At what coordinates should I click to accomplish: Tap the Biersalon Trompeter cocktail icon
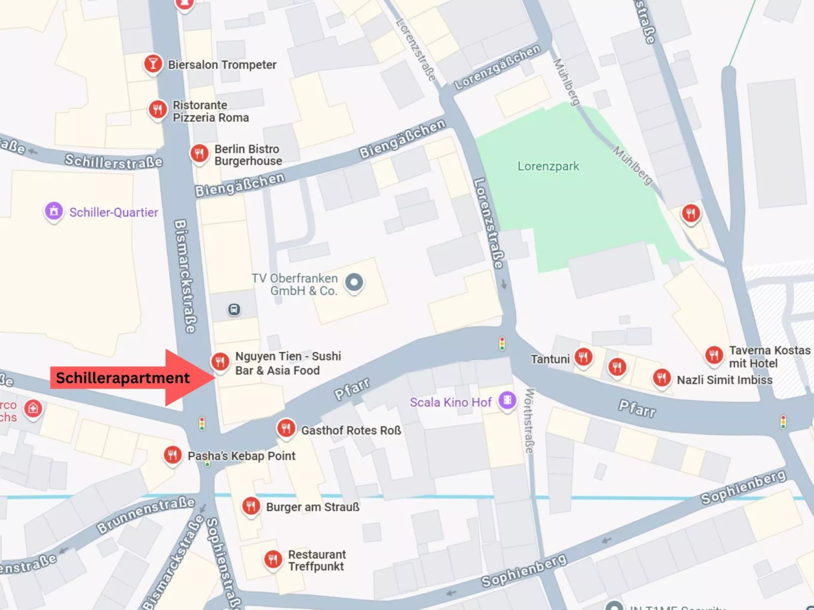[x=153, y=64]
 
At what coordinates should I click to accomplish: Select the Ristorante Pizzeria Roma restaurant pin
[x=158, y=108]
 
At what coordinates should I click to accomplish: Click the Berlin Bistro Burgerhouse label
[x=248, y=155]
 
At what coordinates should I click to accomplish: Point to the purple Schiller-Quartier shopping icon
[x=54, y=211]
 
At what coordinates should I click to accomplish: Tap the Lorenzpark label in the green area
[x=548, y=166]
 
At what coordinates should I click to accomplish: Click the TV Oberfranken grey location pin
[x=354, y=282]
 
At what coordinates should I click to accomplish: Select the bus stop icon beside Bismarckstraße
[x=234, y=309]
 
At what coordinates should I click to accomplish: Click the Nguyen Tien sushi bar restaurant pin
[x=220, y=361]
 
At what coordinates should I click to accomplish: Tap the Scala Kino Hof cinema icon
[x=507, y=400]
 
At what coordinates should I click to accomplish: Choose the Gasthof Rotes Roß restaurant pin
[x=286, y=428]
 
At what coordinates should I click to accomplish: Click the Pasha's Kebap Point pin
[x=172, y=455]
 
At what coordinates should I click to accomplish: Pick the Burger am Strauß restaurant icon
[x=251, y=505]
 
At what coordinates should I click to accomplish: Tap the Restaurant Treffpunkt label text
[x=317, y=560]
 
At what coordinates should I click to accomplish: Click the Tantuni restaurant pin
[x=583, y=357]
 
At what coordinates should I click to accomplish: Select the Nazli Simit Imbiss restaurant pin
[x=661, y=377]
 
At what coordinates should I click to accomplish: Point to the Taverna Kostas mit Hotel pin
[x=714, y=355]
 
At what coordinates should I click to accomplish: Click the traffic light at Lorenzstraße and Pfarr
[x=502, y=344]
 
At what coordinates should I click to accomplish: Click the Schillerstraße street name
[x=114, y=161]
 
